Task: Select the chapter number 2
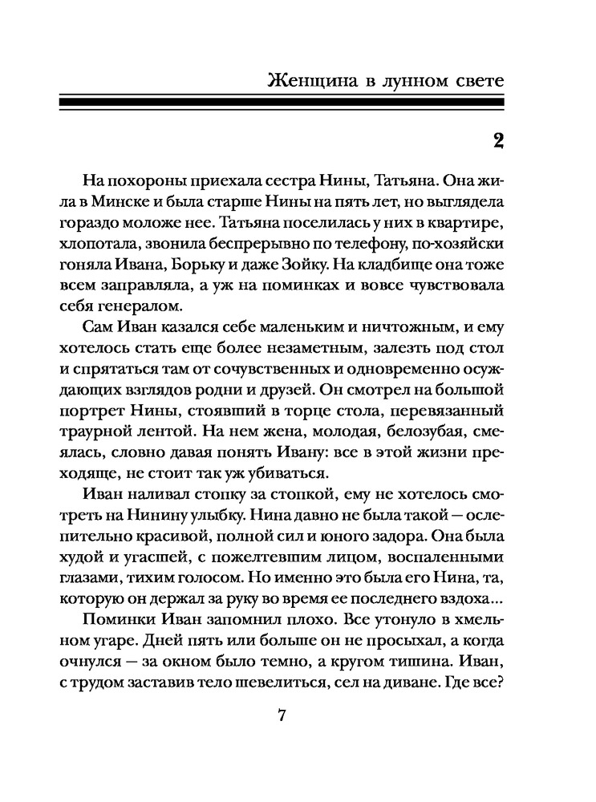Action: (x=497, y=141)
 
